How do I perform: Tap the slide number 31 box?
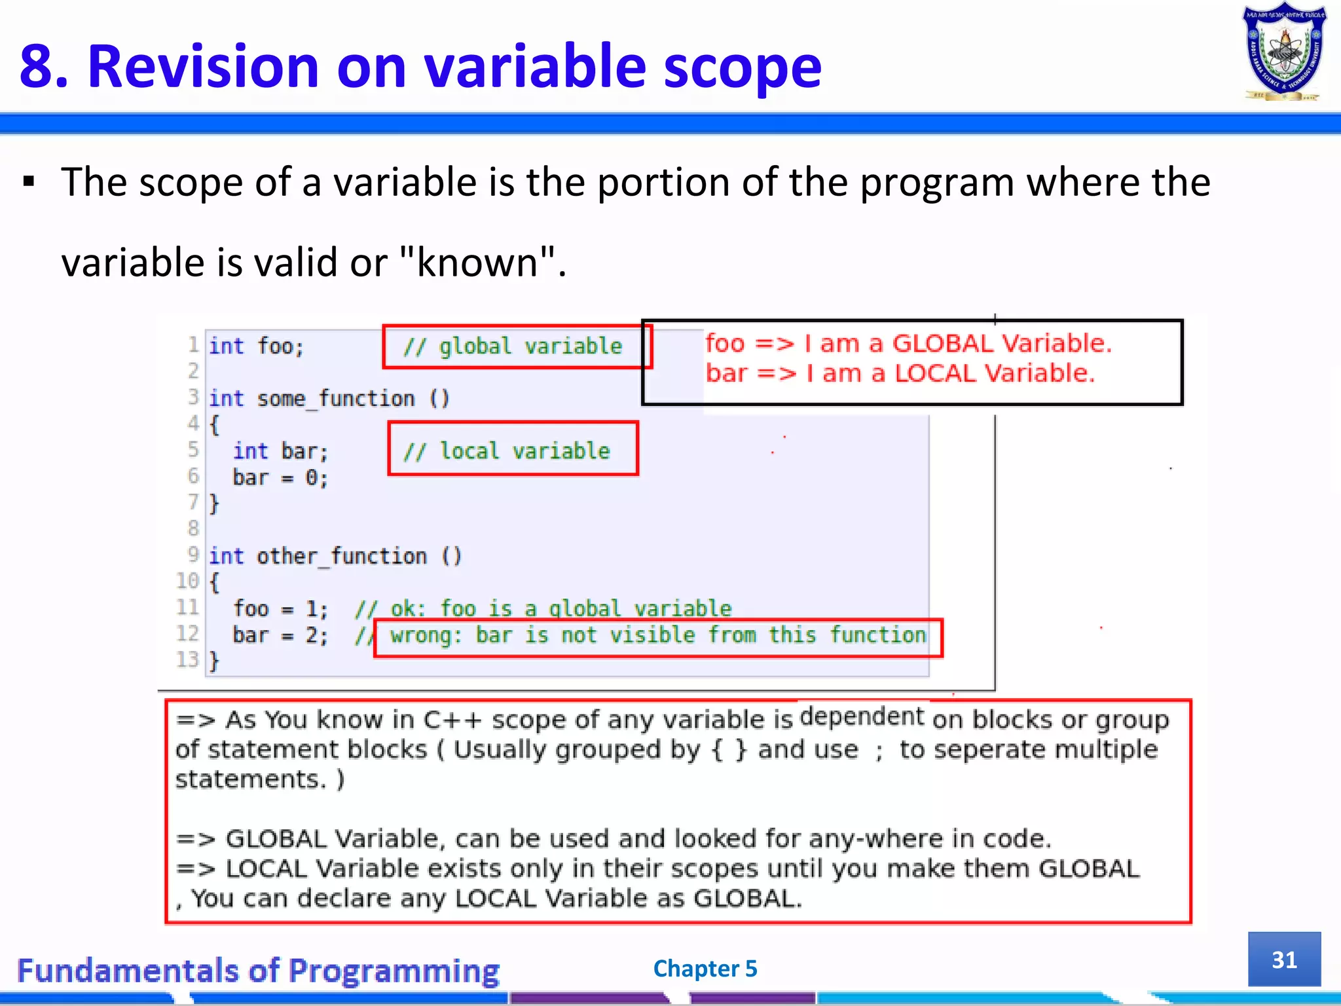(1284, 959)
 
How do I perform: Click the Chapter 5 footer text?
(705, 969)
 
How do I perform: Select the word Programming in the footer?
(394, 971)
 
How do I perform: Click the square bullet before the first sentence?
(28, 181)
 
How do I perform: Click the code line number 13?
(187, 659)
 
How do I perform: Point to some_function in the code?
(335, 398)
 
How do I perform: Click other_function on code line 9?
(341, 556)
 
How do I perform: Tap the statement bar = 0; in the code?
(280, 477)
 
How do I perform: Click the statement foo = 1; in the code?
(280, 608)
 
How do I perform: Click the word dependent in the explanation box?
(862, 717)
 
